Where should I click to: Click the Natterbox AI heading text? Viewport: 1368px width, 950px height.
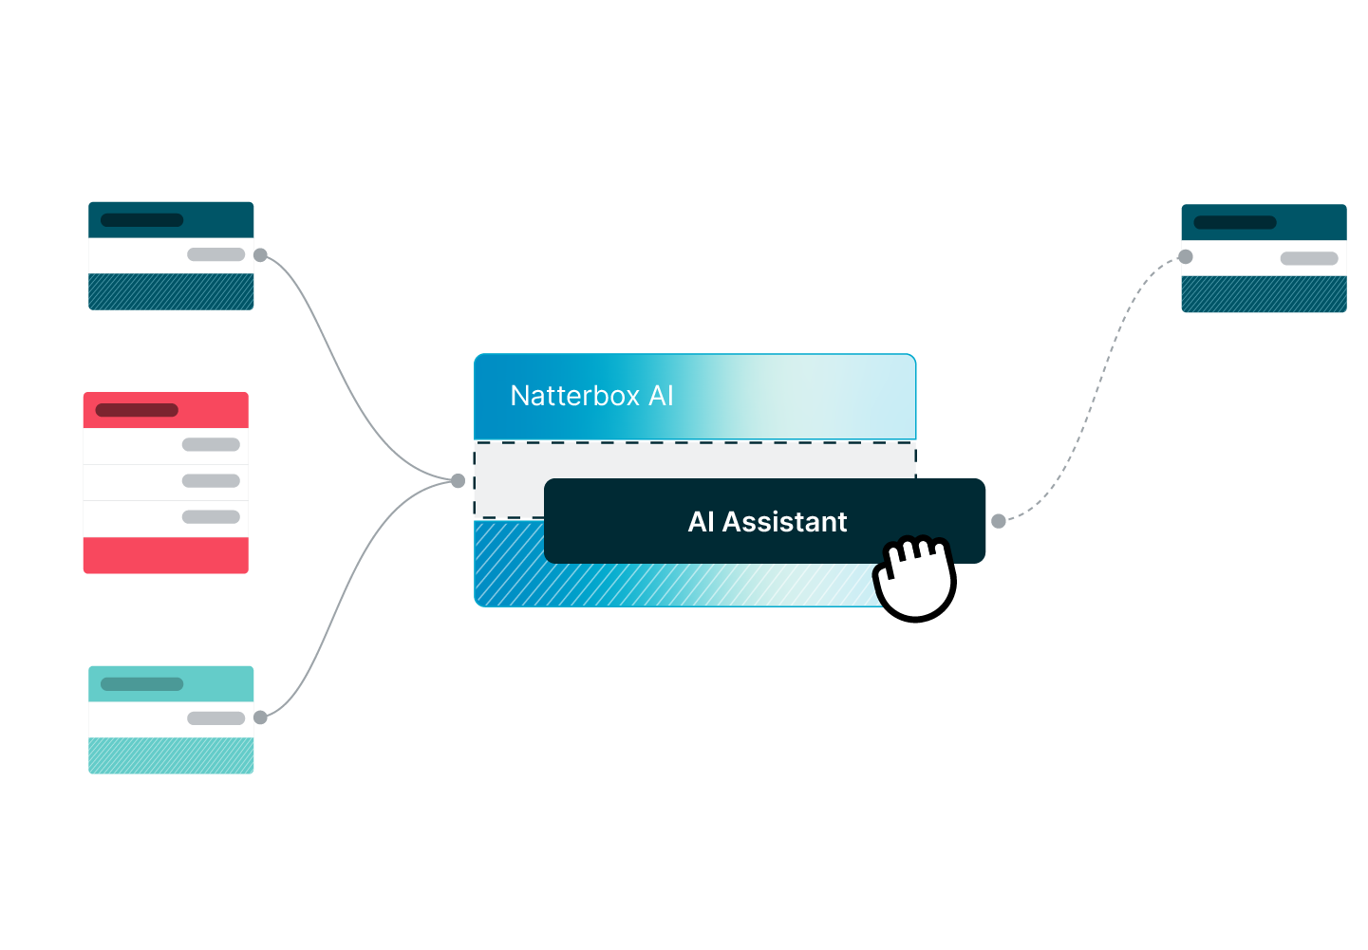point(591,396)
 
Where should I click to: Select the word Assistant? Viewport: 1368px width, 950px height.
point(784,522)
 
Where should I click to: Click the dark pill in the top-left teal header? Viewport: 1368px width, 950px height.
point(141,220)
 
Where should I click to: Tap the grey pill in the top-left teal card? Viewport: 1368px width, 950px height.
point(216,254)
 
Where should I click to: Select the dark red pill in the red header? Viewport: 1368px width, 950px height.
point(137,410)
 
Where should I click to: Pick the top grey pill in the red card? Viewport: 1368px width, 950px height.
point(211,444)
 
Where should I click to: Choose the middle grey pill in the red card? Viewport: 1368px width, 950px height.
point(211,480)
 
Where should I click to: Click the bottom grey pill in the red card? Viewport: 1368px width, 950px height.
point(211,517)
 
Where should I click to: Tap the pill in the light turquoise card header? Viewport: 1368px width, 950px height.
point(141,683)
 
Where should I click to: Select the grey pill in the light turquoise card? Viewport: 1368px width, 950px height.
point(216,718)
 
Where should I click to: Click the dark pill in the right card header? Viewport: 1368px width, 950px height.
point(1234,223)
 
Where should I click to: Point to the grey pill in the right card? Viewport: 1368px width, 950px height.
point(1309,258)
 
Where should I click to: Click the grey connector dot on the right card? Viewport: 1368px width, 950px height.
point(1185,256)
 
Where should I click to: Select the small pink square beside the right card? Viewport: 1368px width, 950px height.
point(1165,253)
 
